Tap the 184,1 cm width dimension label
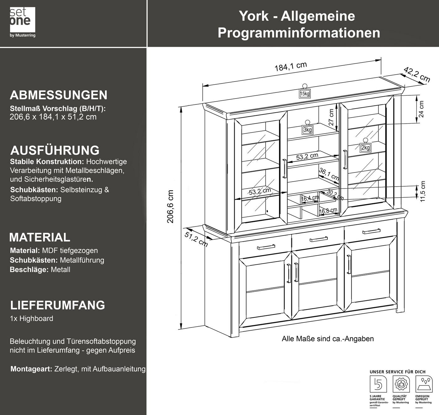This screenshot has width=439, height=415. (291, 67)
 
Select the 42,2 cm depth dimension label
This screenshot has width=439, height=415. (417, 75)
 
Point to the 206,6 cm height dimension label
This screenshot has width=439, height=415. (170, 206)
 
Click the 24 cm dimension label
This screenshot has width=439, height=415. (421, 109)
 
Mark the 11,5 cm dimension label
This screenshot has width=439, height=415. (423, 191)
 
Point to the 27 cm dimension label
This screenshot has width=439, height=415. (331, 118)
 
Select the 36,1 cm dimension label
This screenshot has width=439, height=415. (329, 174)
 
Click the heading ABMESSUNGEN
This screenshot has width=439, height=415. (59, 95)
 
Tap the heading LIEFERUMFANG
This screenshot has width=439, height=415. (58, 305)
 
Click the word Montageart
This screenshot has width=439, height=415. (31, 369)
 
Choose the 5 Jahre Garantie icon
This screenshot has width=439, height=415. (378, 385)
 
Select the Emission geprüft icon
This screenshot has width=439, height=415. (424, 385)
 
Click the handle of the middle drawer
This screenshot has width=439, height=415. (319, 239)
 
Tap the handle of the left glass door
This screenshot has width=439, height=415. (285, 168)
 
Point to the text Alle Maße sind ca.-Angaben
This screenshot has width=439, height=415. (328, 339)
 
